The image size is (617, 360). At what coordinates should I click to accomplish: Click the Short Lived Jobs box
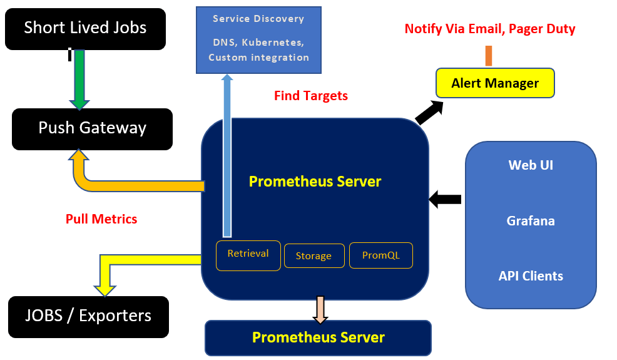(85, 28)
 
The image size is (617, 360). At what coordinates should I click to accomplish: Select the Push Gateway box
(92, 128)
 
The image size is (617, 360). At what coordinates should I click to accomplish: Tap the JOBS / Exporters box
(88, 316)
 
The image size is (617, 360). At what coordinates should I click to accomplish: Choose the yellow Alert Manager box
(495, 83)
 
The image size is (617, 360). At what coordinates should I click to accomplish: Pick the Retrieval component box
(248, 254)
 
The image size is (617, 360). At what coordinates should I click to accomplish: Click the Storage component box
(314, 255)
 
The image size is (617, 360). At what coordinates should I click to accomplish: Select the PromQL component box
(380, 255)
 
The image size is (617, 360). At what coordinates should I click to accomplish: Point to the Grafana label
(531, 221)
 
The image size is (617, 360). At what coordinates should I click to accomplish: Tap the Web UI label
(531, 165)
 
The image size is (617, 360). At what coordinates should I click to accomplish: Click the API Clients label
(531, 276)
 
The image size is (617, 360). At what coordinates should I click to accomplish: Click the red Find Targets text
(310, 96)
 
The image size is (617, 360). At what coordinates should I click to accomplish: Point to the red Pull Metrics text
(101, 219)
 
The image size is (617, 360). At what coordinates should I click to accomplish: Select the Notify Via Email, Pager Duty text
(489, 29)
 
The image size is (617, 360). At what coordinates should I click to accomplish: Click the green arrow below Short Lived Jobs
(79, 78)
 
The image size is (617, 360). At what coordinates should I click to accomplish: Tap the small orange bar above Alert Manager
(489, 56)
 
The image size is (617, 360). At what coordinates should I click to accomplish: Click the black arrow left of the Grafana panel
(446, 200)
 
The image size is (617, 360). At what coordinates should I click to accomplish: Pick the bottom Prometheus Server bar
(318, 338)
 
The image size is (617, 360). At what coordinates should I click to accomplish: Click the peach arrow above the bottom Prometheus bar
(320, 309)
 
